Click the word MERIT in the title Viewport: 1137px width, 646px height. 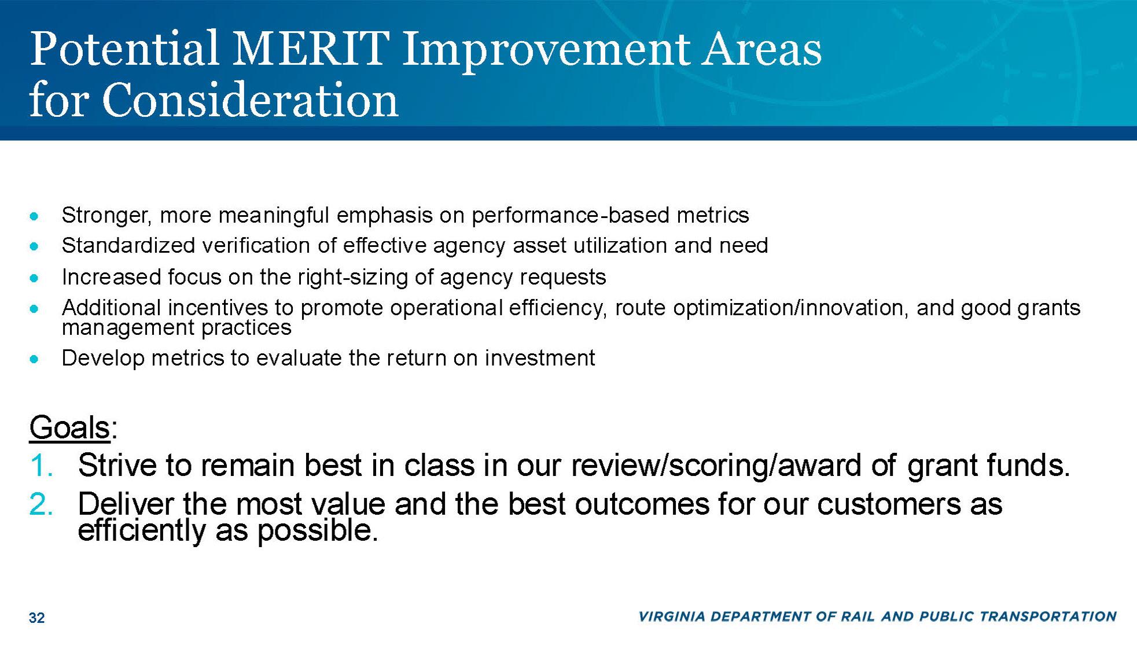[311, 48]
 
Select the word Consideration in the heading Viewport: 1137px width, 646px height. [251, 99]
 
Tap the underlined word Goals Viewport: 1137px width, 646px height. [69, 427]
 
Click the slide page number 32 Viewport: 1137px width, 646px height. [36, 618]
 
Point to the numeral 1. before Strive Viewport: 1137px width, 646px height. [42, 465]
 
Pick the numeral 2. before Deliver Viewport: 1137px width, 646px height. [41, 504]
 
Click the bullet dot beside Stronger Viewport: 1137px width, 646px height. [35, 216]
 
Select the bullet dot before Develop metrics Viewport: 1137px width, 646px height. [35, 359]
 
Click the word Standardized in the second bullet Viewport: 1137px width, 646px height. [128, 246]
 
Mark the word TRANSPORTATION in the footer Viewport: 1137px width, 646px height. [1047, 617]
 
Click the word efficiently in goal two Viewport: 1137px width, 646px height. [141, 530]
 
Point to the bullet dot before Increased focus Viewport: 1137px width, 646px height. [35, 278]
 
